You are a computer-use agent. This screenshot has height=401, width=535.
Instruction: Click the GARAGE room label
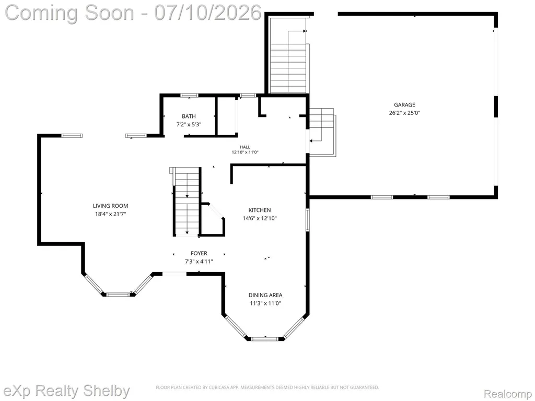tap(404, 104)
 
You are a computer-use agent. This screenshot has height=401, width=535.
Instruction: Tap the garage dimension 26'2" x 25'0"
tap(404, 113)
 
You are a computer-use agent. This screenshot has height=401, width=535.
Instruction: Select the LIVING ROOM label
tap(111, 206)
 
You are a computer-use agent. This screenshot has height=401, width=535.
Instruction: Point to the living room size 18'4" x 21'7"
tap(111, 214)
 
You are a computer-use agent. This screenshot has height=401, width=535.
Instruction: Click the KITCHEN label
tap(260, 210)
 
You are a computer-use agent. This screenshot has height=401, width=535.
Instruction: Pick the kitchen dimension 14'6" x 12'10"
tap(260, 218)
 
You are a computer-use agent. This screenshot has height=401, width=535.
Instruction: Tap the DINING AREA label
tap(265, 295)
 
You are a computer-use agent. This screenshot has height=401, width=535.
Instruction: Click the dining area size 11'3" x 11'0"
tap(265, 303)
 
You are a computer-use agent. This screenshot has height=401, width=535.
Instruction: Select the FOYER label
tap(199, 253)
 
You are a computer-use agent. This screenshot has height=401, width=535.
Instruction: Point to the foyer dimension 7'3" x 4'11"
tap(199, 262)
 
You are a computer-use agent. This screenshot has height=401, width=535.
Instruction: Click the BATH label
tap(189, 116)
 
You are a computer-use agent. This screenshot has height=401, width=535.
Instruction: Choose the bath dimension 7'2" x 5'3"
tap(189, 124)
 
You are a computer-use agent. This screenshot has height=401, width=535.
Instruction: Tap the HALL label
tap(245, 147)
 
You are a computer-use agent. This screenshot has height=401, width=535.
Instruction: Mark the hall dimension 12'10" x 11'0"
tap(245, 152)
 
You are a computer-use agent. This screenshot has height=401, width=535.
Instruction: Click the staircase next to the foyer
tap(187, 202)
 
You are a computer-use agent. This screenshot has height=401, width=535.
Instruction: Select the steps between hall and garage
tap(322, 132)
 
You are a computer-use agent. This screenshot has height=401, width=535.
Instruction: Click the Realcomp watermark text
tap(508, 394)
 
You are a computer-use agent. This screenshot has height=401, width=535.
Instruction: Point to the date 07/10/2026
tap(208, 13)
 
